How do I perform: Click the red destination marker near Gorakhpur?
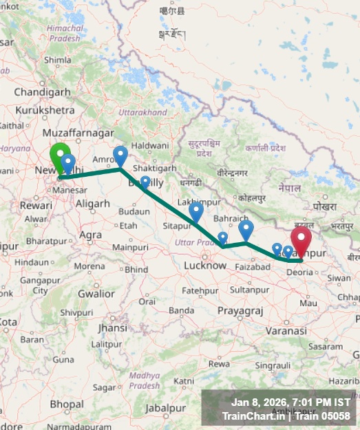click(301, 239)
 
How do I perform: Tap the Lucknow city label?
click(205, 266)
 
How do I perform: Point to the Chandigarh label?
click(42, 92)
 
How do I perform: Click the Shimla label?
click(57, 60)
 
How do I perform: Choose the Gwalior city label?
click(96, 294)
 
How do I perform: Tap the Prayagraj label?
click(240, 311)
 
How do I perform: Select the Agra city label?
click(91, 235)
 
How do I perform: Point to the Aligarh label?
click(92, 204)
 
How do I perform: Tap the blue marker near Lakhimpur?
click(196, 211)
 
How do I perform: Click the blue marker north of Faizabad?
click(246, 229)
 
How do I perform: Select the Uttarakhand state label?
click(142, 112)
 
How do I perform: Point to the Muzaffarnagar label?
click(78, 132)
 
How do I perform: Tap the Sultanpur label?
click(249, 290)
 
